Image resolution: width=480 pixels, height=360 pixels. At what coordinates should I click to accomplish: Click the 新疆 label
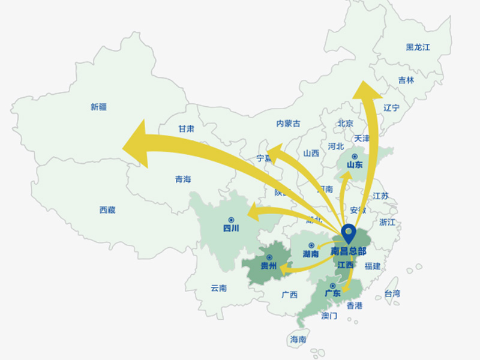point(98,107)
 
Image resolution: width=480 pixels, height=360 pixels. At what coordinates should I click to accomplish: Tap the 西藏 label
point(107,210)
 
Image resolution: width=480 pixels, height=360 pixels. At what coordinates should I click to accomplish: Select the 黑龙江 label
point(418,47)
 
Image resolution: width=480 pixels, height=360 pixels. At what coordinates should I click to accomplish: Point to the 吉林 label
point(406,80)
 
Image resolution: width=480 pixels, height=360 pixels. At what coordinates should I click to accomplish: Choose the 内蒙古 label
point(288,124)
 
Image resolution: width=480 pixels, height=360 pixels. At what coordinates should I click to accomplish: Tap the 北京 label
point(346,124)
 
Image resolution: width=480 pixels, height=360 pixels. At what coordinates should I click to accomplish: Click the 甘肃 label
point(186,128)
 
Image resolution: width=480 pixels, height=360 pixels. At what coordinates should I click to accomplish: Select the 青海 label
point(182,179)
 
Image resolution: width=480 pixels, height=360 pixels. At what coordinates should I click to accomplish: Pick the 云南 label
point(218,288)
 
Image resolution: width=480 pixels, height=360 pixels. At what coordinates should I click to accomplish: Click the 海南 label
point(298,339)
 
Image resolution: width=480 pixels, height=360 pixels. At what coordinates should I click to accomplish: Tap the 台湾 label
point(392,294)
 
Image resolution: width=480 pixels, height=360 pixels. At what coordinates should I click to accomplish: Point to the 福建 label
point(372,266)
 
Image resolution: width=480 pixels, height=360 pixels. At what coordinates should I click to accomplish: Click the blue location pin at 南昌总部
point(348,233)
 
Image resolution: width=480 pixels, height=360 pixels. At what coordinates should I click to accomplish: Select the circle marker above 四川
point(231,220)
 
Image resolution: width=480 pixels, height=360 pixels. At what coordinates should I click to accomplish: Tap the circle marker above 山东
point(355,157)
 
